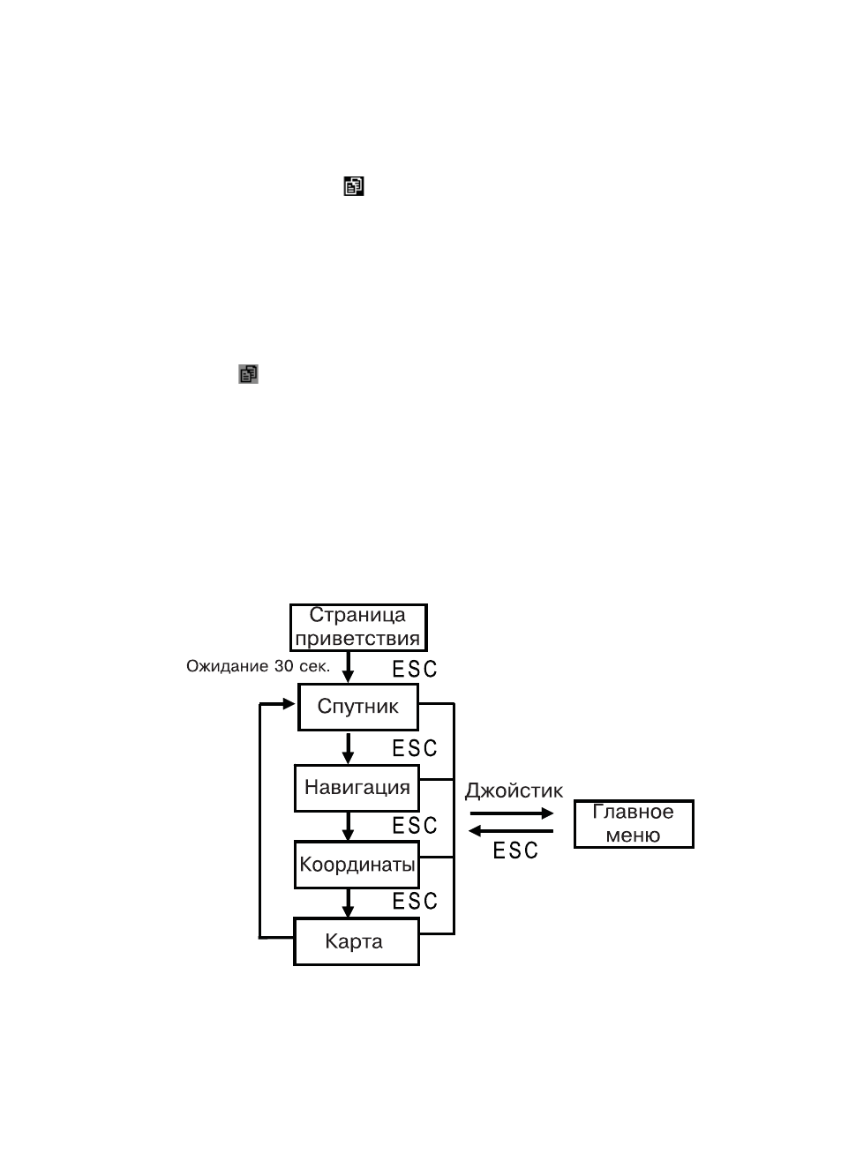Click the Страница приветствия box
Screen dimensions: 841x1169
tap(358, 627)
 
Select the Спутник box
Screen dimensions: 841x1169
tap(358, 707)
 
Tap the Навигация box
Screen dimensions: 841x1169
tap(357, 788)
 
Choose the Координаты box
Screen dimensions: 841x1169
tap(357, 865)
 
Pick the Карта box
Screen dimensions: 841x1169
tap(357, 942)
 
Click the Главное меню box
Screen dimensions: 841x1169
tap(634, 824)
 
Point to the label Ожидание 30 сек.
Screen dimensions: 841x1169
tap(258, 666)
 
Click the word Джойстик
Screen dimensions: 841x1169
tap(514, 791)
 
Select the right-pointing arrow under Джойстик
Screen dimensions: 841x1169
tap(512, 813)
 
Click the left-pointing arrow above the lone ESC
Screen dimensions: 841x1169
tap(511, 831)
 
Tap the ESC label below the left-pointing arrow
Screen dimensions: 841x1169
tap(515, 851)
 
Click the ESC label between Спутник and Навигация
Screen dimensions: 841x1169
tap(415, 748)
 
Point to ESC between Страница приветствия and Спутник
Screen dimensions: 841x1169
tap(415, 669)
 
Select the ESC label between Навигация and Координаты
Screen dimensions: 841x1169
tap(415, 826)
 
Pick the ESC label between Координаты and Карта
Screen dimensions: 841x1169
tap(415, 902)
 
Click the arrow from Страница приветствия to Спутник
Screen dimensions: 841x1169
tap(349, 667)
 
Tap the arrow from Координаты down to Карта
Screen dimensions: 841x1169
tap(349, 903)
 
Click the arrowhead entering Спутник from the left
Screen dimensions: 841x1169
tap(289, 704)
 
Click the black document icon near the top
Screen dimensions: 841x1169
tap(353, 186)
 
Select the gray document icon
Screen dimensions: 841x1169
tap(248, 374)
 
